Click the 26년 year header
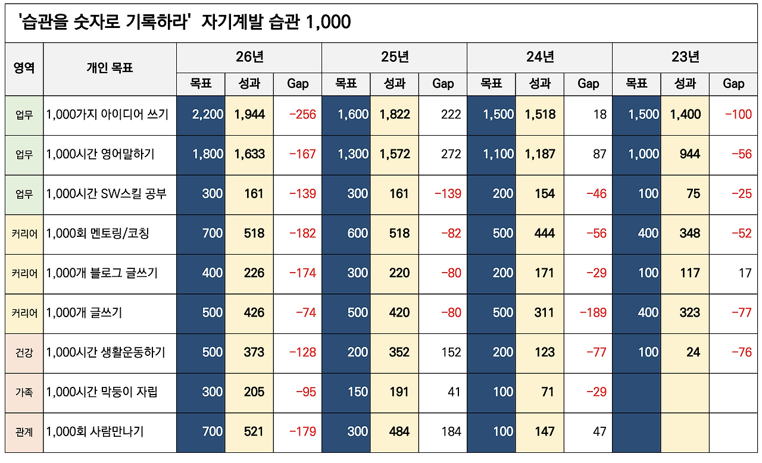(249, 57)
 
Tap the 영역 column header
(24, 68)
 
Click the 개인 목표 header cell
(110, 68)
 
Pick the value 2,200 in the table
(207, 114)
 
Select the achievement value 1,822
(394, 114)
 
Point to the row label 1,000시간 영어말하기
(100, 154)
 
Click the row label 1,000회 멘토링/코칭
(98, 233)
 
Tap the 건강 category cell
(24, 353)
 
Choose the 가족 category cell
(24, 392)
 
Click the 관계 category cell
(24, 432)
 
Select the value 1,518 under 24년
(539, 114)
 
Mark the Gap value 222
(451, 114)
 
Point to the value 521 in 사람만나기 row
(254, 432)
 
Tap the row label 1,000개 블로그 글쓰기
(102, 273)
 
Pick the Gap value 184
(451, 432)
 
